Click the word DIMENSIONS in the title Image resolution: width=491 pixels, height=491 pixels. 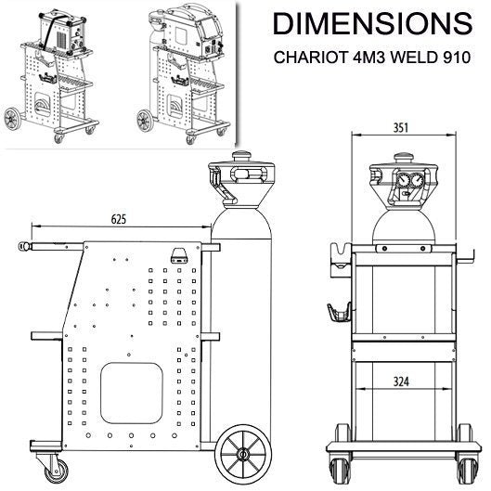372,24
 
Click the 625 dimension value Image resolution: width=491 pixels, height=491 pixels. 119,219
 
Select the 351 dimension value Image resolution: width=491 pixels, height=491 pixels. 401,128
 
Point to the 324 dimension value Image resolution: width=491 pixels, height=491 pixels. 401,381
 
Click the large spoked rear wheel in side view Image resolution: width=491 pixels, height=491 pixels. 243,453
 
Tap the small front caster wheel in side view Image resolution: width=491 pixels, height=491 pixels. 57,471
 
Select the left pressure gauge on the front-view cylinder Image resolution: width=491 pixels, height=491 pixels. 402,180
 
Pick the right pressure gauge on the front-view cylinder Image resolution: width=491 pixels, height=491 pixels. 417,180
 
